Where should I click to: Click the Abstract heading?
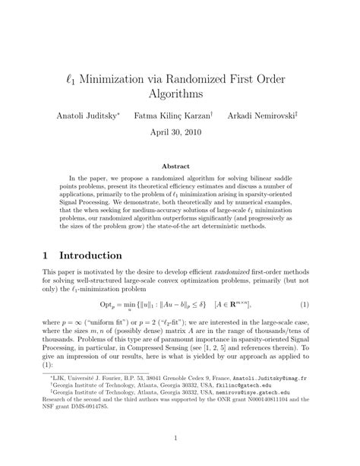point(180,166)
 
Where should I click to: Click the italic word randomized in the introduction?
point(230,271)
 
